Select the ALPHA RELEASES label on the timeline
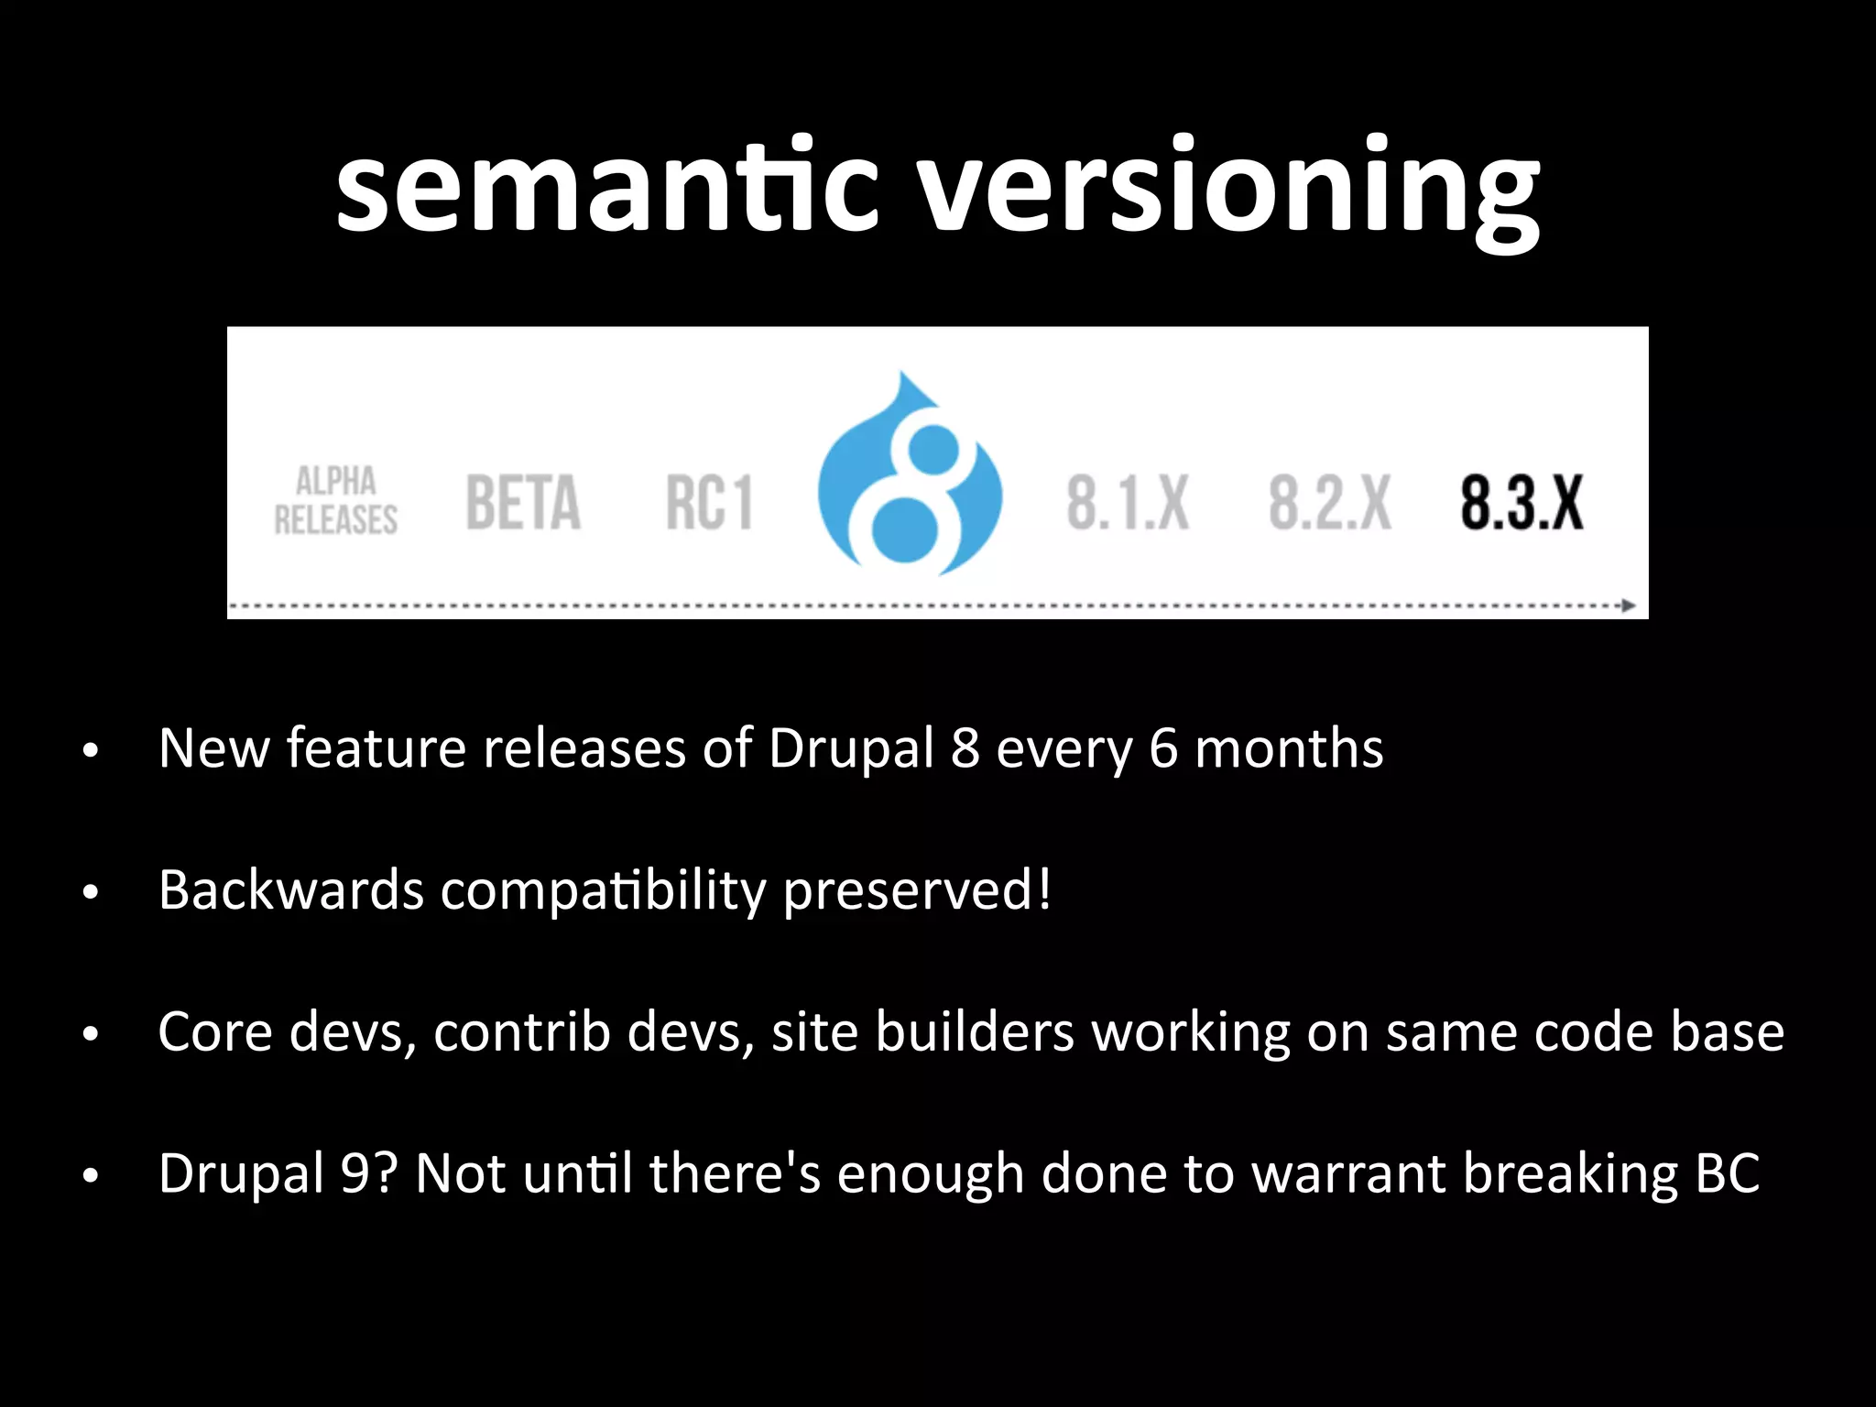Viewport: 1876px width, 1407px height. coord(336,500)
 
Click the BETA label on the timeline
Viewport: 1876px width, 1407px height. coord(523,502)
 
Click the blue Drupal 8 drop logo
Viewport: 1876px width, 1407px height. coord(909,475)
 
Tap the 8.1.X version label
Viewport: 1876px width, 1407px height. coord(1128,503)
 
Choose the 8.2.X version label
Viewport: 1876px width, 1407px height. coord(1330,503)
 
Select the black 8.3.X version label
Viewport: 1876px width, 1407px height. coord(1522,503)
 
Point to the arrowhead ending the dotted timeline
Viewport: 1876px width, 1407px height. coord(1629,605)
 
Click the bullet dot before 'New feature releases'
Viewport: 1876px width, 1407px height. coord(90,751)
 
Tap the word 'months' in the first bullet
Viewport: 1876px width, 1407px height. coord(1289,748)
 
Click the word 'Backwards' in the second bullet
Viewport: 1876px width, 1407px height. coord(291,889)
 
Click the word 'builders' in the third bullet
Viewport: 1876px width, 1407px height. coord(974,1031)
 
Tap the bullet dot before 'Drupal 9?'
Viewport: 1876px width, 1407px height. coord(90,1176)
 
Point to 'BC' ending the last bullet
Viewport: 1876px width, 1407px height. coord(1728,1173)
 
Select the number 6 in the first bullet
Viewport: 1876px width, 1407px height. coord(1162,748)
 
